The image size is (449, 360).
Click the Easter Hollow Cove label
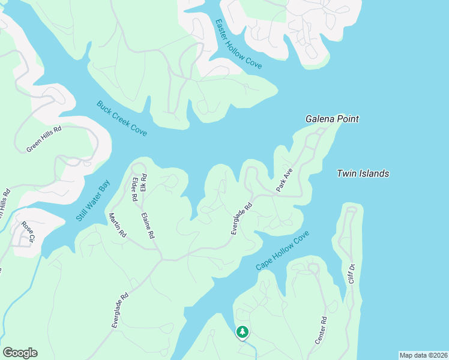[x=238, y=44]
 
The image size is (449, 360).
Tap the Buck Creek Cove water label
[x=121, y=118]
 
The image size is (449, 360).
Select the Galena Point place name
[x=332, y=119]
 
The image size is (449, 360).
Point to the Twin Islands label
[x=363, y=173]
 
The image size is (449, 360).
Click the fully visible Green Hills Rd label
[x=44, y=139]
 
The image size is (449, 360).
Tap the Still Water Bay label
[x=94, y=200]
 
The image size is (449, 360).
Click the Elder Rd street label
[x=134, y=189]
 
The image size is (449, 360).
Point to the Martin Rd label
[x=117, y=224]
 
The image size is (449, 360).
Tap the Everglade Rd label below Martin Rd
[x=120, y=310]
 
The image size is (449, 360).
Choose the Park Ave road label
[x=284, y=180]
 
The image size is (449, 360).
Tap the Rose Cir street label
[x=28, y=232]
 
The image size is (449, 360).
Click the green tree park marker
[x=242, y=332]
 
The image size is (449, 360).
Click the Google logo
[x=20, y=353]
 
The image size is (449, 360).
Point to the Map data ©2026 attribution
[x=423, y=355]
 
